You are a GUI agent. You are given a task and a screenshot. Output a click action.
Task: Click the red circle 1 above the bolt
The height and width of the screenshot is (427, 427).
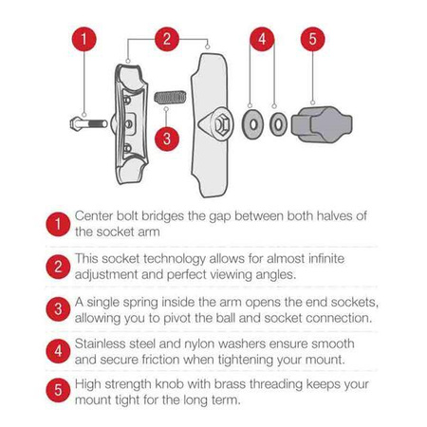pos(85,40)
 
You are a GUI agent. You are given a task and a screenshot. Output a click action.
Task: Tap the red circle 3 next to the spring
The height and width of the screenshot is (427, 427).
pos(167,137)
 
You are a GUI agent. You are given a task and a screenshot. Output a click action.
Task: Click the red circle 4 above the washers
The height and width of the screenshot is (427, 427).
pos(263,40)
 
